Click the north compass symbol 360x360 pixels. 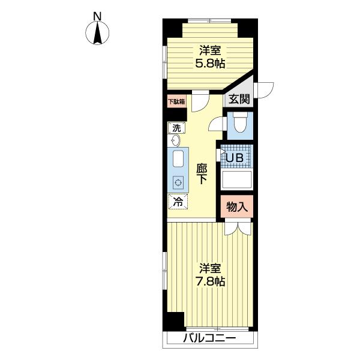[x=97, y=32]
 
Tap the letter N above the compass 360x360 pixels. [x=97, y=16]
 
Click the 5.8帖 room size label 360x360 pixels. [x=210, y=64]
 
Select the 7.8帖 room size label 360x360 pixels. [x=210, y=281]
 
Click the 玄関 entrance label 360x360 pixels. [x=239, y=99]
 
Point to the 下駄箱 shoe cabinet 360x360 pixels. [x=176, y=101]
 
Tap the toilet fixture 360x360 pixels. [x=240, y=123]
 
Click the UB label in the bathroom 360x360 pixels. [x=235, y=158]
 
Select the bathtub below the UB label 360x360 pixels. [x=237, y=180]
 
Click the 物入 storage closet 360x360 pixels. [x=237, y=206]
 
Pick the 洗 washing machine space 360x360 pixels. [x=176, y=128]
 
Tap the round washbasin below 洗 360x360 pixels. [x=176, y=140]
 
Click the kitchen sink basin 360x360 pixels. [x=178, y=158]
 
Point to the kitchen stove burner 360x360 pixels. [x=178, y=183]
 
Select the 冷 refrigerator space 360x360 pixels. [x=178, y=202]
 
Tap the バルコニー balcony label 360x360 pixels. [x=209, y=338]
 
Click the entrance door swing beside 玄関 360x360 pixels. [x=264, y=90]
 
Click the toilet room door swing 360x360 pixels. [x=216, y=124]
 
